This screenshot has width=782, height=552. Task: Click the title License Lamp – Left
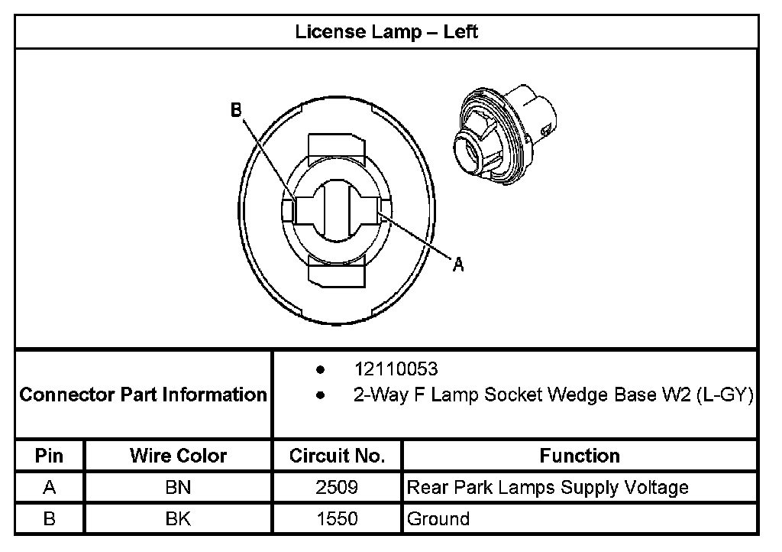386,31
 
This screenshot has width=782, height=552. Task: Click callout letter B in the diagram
237,111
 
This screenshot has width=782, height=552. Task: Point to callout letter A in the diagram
458,265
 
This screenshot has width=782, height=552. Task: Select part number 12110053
396,369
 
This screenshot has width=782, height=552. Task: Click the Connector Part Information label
143,395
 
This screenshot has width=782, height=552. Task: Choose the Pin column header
49,456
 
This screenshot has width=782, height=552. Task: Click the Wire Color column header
178,456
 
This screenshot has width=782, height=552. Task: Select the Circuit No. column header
337,456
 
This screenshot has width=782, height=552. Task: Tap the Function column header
580,456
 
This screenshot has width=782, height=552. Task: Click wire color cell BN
178,487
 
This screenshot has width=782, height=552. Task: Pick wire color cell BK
178,519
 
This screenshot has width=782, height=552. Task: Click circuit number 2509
337,487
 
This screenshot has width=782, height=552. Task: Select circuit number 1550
337,519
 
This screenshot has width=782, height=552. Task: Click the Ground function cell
438,519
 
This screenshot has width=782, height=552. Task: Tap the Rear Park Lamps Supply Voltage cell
548,487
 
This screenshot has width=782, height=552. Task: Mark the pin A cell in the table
49,487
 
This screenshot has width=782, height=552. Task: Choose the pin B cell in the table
49,519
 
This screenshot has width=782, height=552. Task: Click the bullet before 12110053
321,370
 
